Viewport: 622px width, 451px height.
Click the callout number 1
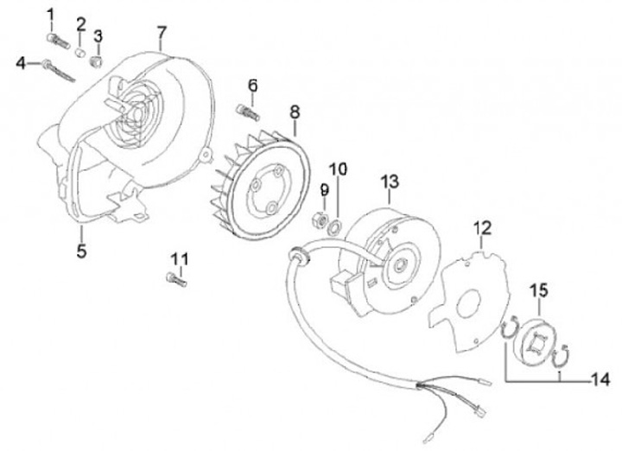50,14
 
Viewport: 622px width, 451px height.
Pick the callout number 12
482,228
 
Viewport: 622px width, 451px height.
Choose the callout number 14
598,378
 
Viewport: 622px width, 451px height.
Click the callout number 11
179,259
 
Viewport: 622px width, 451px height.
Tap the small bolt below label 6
247,111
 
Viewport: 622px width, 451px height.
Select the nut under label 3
97,60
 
